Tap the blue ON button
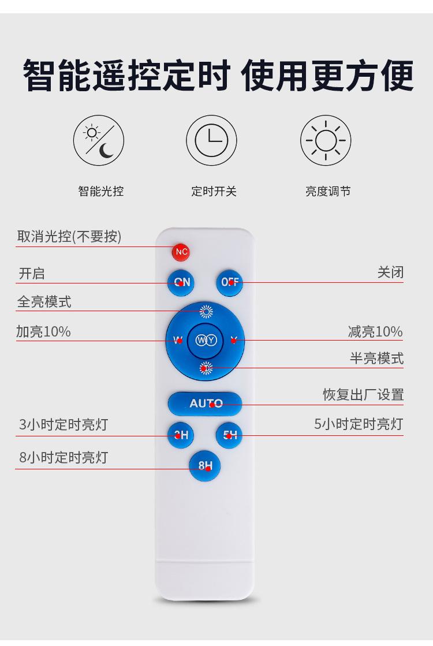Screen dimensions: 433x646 [181, 282]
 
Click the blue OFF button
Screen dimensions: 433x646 [229, 282]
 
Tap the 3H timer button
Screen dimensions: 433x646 [181, 435]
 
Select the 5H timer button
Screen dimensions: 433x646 [230, 435]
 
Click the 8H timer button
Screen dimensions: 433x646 [205, 465]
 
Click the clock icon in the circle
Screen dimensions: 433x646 [211, 141]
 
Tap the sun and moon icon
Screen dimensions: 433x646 [98, 141]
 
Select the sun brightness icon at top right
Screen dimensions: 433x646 [326, 141]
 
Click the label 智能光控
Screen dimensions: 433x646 [101, 191]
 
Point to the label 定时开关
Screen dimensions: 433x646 [214, 191]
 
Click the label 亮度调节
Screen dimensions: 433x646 [328, 191]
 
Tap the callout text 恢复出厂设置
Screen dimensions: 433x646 [363, 395]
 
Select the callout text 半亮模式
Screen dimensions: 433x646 [376, 359]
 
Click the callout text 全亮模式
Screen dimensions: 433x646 [44, 302]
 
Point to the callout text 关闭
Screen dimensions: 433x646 [390, 272]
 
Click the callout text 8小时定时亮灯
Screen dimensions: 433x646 [64, 458]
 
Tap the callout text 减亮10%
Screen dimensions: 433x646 [375, 332]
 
